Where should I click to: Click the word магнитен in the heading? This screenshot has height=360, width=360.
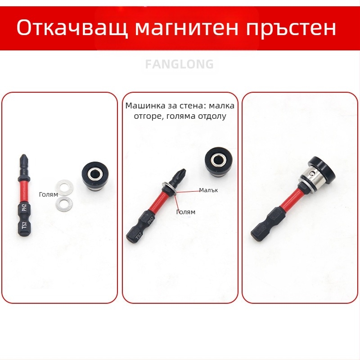click(x=186, y=28)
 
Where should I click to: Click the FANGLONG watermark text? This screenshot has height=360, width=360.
click(x=179, y=64)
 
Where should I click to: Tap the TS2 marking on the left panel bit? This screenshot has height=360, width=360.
click(x=24, y=225)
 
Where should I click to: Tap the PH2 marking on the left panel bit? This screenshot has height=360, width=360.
click(x=24, y=207)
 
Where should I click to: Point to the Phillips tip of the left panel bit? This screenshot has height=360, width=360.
click(x=23, y=158)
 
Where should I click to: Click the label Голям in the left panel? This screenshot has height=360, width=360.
click(x=49, y=194)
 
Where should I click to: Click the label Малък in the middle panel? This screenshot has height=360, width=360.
click(x=208, y=190)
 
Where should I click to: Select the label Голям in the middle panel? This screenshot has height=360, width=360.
click(x=185, y=212)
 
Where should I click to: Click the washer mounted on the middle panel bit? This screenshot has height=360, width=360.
click(x=170, y=189)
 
